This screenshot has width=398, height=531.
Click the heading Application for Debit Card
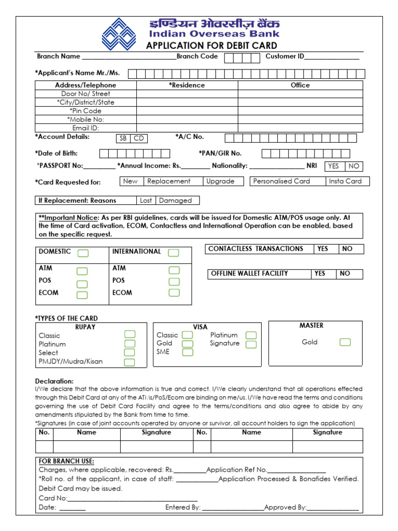211,46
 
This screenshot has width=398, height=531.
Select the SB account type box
123,138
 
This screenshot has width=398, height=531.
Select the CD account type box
139,138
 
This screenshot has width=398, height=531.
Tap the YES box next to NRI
334,166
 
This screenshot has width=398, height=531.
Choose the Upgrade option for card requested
220,181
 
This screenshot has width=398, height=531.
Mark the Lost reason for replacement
146,201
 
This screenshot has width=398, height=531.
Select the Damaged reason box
176,201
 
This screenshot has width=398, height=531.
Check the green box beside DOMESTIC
83,253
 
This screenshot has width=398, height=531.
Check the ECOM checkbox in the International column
174,293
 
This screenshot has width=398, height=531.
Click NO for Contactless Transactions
348,249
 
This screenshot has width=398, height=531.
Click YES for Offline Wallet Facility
320,274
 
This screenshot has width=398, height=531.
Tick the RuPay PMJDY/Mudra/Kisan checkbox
130,362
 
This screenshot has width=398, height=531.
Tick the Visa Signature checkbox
251,344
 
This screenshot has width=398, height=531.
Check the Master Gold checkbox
345,342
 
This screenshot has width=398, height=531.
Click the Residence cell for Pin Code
187,111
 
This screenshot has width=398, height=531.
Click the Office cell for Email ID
301,128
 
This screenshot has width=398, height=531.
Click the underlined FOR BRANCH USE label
66,462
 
